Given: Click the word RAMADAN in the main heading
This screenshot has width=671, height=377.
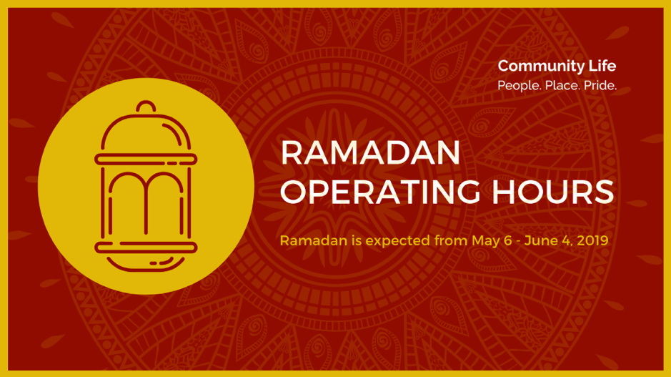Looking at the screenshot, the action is pyautogui.click(x=370, y=152).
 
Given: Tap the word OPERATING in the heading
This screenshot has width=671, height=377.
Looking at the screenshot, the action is pyautogui.click(x=380, y=192).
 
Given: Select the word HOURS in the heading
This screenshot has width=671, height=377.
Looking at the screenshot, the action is pyautogui.click(x=553, y=192).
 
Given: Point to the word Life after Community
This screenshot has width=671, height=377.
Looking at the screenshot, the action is pyautogui.click(x=602, y=66).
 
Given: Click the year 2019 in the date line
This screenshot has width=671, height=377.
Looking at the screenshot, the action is pyautogui.click(x=592, y=240).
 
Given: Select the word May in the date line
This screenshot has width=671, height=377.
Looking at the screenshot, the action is pyautogui.click(x=486, y=241).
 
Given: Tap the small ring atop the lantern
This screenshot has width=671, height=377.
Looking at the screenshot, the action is pyautogui.click(x=146, y=102).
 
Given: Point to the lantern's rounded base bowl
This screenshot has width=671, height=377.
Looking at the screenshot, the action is pyautogui.click(x=146, y=268).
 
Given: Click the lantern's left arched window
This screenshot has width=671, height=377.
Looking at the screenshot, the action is pyautogui.click(x=127, y=174).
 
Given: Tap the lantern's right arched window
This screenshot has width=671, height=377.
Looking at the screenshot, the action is pyautogui.click(x=165, y=174).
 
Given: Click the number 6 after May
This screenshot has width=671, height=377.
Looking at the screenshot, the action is pyautogui.click(x=508, y=240).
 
